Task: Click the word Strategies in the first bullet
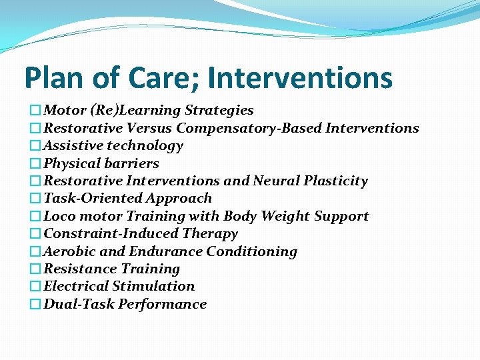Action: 219,110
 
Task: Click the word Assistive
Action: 73,145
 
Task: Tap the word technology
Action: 145,145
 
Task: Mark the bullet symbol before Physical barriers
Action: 36,163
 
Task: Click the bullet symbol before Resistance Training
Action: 36,269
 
